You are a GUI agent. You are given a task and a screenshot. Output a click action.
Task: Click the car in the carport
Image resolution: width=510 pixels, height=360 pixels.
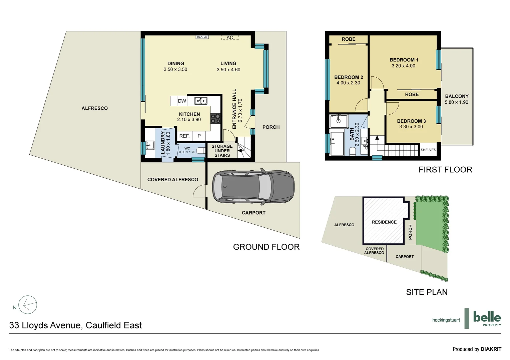tap(253, 187)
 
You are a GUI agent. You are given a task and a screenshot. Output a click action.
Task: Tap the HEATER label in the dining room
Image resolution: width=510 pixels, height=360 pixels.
tap(202, 37)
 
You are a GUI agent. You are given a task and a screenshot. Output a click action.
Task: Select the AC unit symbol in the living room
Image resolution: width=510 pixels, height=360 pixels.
tap(230, 38)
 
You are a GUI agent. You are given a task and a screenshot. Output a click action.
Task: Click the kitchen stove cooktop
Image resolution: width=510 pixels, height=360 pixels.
tap(215, 118)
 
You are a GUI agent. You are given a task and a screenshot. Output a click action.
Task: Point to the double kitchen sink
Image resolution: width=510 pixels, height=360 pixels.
tap(201, 101)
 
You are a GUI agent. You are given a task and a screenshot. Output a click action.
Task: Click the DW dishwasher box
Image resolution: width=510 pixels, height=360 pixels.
tap(182, 101)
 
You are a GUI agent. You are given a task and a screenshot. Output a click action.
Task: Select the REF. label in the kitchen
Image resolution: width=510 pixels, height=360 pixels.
tap(184, 136)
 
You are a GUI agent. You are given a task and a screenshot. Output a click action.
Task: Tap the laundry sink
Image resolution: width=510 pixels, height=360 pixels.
tap(150, 145)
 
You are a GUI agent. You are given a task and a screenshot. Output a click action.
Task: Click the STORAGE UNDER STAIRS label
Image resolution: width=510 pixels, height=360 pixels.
tap(222, 151)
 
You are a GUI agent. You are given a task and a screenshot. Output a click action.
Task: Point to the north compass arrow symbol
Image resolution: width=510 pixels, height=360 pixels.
tap(28, 305)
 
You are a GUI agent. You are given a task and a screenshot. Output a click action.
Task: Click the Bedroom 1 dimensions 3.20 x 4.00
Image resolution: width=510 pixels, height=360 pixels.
tap(403, 66)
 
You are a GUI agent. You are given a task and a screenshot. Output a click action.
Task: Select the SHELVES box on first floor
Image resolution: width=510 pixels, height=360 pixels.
tap(428, 150)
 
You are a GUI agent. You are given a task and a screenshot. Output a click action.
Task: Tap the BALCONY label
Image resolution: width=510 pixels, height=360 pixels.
tap(457, 96)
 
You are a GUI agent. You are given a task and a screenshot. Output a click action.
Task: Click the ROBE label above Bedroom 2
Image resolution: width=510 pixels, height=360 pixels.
tap(349, 39)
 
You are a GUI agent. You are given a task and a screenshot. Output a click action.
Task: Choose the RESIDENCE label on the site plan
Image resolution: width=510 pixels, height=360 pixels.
tap(384, 222)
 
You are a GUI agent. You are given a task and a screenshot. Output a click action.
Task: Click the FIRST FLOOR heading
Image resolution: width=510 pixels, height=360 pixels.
tap(445, 170)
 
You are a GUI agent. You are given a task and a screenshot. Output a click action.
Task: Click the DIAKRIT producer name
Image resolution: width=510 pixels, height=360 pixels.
tap(491, 349)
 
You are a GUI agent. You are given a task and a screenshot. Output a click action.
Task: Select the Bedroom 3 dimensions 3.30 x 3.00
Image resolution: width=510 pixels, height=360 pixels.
tap(411, 127)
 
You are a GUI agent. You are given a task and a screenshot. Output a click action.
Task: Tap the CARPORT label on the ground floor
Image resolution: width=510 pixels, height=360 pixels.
tap(253, 213)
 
